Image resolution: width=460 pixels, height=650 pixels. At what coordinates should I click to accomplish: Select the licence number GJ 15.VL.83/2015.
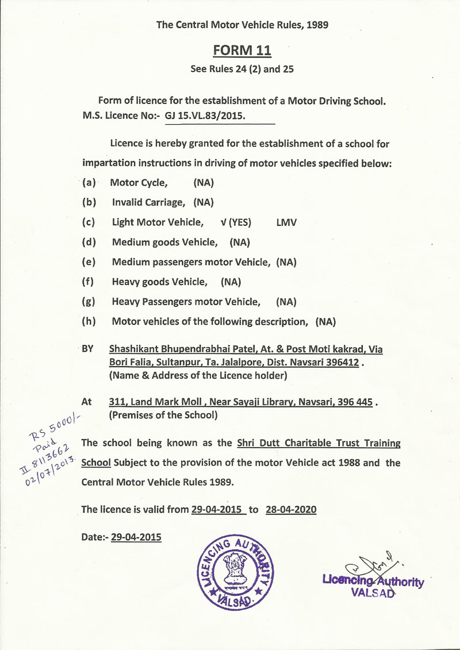[205, 115]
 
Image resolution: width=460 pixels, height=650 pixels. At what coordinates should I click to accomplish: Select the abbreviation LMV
[286, 222]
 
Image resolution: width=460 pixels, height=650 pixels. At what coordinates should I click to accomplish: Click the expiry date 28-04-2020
[291, 509]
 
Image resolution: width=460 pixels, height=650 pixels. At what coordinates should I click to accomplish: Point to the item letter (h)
[89, 321]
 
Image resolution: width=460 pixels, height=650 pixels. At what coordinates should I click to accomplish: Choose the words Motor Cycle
[139, 183]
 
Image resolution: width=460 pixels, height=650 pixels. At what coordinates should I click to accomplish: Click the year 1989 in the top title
[316, 25]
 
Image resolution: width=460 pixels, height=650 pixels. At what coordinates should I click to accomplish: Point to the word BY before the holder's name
[88, 349]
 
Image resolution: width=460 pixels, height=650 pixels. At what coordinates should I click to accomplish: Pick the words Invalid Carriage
[148, 202]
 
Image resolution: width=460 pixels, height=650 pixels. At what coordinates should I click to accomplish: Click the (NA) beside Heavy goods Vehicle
[231, 282]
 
